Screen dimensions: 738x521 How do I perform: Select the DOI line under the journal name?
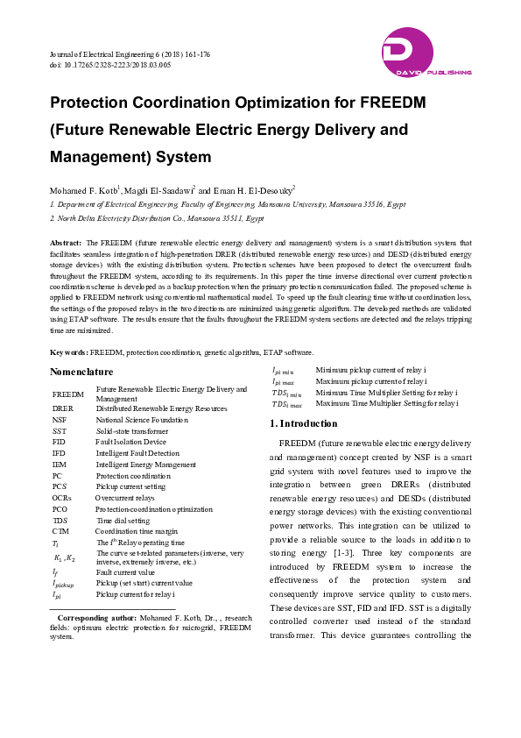tap(110, 65)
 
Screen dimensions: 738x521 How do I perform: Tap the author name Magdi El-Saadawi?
tap(160, 189)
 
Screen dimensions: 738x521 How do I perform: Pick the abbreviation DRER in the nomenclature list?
tap(63, 408)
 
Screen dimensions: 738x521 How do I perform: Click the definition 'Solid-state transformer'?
tap(130, 431)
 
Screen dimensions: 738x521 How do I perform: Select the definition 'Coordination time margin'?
tap(136, 531)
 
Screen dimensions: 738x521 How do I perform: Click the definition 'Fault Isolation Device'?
tap(130, 442)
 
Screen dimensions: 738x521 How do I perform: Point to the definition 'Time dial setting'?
tap(123, 520)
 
